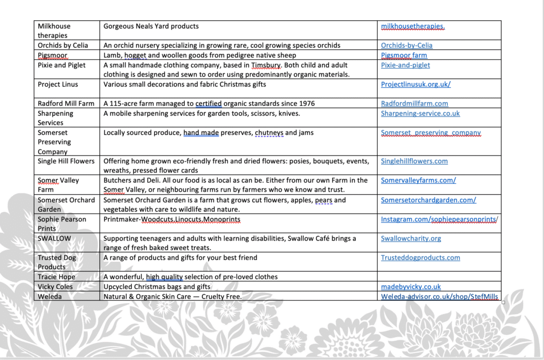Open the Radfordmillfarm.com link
tap(414, 104)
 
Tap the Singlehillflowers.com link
tap(414, 161)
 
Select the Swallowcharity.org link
tap(411, 238)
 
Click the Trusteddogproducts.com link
tap(420, 258)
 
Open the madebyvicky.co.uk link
tap(411, 287)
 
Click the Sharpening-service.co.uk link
tap(420, 113)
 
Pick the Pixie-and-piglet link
tap(405, 65)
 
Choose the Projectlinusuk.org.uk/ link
tap(415, 84)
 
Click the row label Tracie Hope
tap(56, 277)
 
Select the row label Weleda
tap(49, 296)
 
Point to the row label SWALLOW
tap(54, 238)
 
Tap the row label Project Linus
tap(57, 84)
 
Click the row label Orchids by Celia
tap(63, 46)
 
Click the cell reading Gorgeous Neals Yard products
tap(151, 26)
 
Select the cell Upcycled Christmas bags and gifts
tap(157, 287)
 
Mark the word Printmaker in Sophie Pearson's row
tap(121, 219)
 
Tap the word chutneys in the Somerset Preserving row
tap(269, 133)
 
